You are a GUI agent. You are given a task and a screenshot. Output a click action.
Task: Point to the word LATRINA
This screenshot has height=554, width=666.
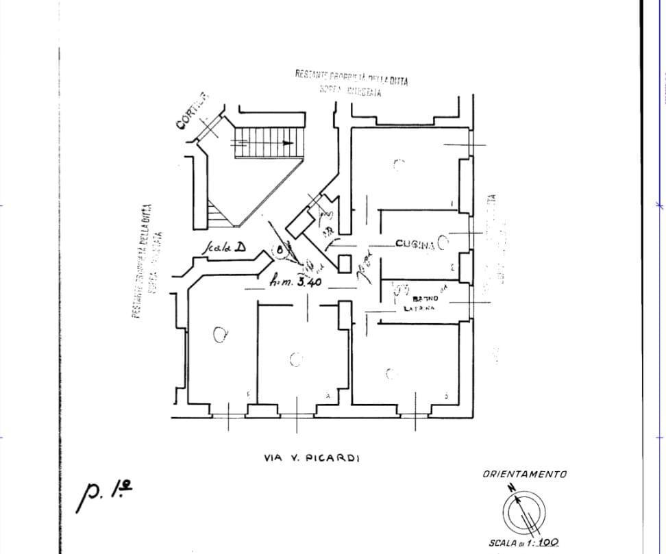click(x=419, y=309)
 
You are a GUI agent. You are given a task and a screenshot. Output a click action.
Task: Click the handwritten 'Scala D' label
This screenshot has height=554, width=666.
click(x=223, y=248)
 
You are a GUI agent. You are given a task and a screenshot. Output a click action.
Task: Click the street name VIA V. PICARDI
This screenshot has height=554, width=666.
click(x=311, y=458)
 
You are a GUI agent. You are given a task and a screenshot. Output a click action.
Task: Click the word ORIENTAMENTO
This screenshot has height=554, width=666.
click(x=524, y=474)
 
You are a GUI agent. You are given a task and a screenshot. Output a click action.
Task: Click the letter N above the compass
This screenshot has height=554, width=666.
click(x=511, y=488)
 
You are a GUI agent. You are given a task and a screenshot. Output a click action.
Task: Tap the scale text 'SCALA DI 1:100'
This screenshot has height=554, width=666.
click(x=523, y=542)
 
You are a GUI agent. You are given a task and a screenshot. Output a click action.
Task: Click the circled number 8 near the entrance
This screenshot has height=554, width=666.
click(x=280, y=251)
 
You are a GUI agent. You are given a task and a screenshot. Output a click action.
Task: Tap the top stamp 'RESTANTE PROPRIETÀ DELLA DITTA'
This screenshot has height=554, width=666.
click(x=351, y=76)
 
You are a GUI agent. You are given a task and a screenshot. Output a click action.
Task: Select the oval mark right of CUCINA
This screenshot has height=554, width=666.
click(x=443, y=241)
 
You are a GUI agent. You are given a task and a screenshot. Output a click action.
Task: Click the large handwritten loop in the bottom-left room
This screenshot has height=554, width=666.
click(x=220, y=335)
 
